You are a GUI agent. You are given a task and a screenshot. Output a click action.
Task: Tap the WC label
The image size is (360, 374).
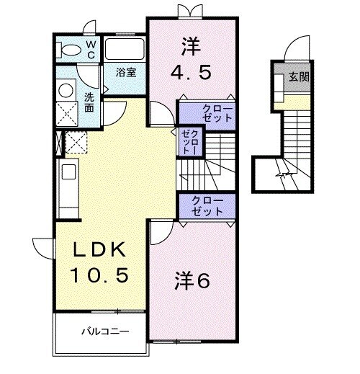[x=91, y=49]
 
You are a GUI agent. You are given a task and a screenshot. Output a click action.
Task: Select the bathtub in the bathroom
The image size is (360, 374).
[x=125, y=50]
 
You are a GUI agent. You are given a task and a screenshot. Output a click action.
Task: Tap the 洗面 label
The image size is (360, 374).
[x=88, y=102]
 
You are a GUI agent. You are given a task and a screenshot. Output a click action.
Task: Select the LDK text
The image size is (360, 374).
[x=100, y=250]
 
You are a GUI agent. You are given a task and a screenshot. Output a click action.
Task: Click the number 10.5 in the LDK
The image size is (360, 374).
[x=100, y=275]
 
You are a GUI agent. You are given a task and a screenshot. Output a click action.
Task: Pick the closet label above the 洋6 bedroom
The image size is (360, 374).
[x=208, y=206]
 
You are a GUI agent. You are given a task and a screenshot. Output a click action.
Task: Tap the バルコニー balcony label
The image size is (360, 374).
[x=104, y=332]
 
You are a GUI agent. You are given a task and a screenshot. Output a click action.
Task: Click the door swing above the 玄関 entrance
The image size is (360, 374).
[x=294, y=48]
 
